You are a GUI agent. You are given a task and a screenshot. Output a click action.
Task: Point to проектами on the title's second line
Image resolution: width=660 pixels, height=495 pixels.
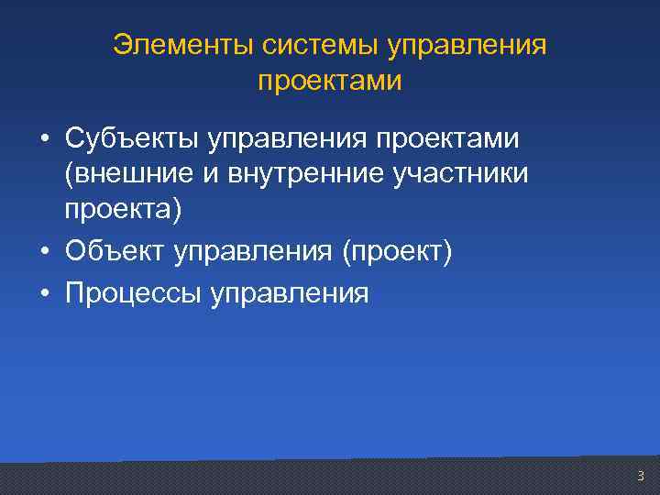(329, 82)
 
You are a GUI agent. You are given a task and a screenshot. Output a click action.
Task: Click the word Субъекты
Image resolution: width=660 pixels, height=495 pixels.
(131, 139)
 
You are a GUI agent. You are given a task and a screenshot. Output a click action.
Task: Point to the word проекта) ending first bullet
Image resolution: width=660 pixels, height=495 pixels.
(123, 210)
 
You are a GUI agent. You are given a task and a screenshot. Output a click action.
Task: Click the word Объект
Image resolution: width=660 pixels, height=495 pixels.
(112, 251)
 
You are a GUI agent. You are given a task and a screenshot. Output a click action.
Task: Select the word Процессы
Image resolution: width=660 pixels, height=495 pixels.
(131, 294)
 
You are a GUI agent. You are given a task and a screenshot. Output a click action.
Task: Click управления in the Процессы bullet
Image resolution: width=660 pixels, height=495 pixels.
(290, 295)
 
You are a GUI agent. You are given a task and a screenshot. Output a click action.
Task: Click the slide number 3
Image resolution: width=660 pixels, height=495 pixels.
(640, 476)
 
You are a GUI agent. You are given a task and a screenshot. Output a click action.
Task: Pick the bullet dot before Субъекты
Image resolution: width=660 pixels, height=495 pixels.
(44, 141)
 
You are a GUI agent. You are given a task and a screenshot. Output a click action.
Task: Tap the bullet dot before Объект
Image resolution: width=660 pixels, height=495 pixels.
(44, 252)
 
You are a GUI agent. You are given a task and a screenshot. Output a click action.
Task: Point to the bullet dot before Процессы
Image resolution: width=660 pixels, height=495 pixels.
(44, 294)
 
